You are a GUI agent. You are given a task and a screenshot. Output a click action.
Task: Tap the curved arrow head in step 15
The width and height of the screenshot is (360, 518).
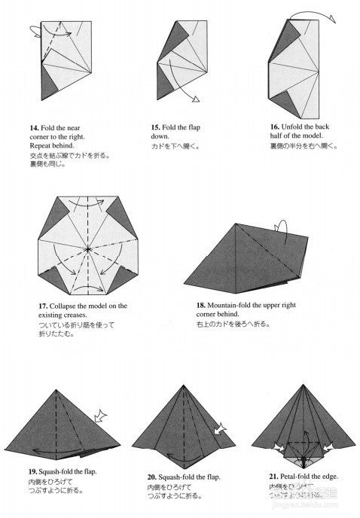(194, 99)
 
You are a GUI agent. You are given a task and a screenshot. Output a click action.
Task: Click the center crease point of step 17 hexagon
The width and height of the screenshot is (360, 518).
(88, 246)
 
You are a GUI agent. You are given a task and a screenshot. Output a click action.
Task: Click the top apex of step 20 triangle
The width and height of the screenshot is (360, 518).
(183, 387)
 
